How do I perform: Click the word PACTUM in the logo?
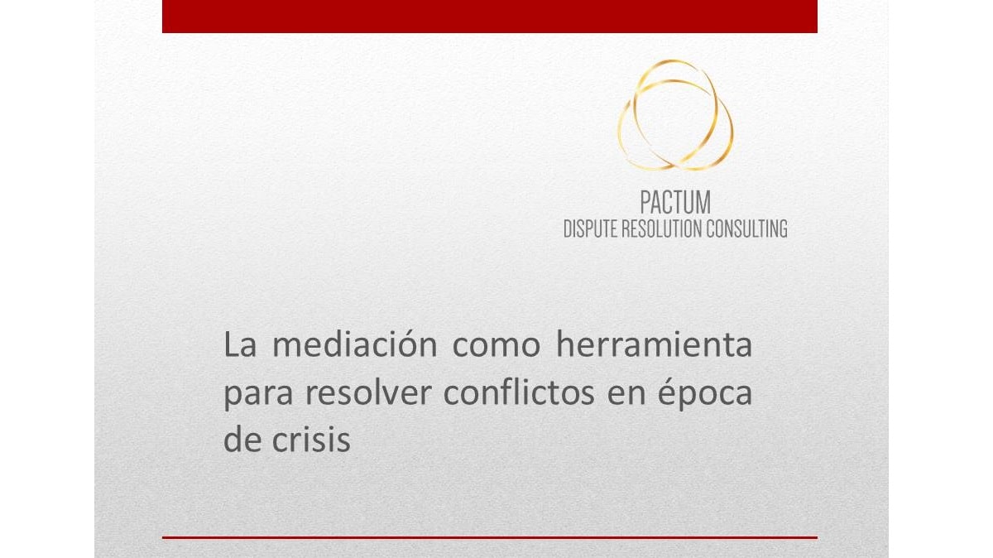(675, 202)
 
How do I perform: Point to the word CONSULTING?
(747, 228)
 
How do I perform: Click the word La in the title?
(240, 345)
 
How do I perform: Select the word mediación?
(355, 344)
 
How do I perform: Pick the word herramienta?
(654, 344)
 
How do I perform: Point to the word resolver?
(368, 392)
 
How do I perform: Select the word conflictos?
(519, 392)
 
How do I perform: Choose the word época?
(705, 393)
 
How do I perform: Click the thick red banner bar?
(490, 17)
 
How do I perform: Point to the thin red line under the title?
(490, 537)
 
